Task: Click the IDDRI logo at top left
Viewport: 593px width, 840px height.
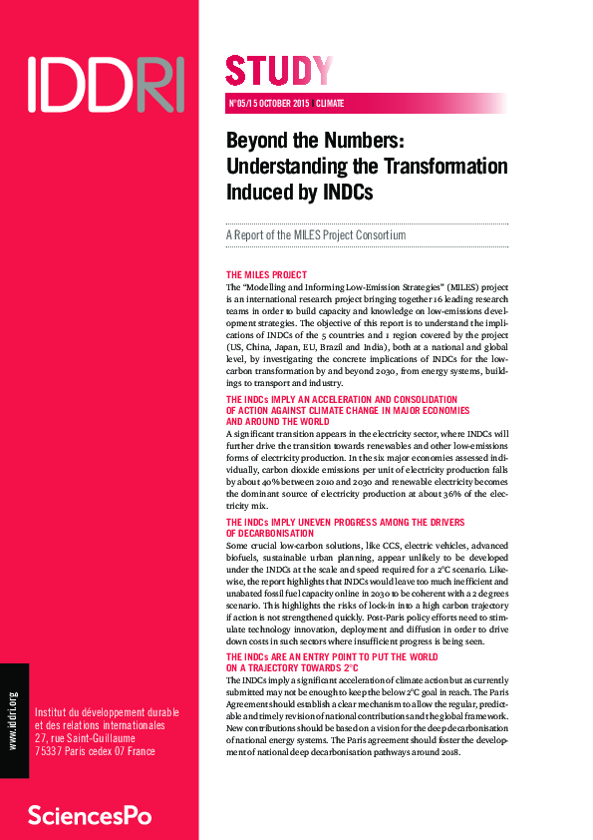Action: tap(106, 83)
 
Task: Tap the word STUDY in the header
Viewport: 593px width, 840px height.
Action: tap(279, 71)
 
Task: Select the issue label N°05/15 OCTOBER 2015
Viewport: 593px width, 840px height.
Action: tap(269, 103)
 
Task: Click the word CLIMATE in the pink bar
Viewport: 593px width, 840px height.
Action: tap(331, 103)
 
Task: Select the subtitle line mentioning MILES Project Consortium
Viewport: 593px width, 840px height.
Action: tap(316, 235)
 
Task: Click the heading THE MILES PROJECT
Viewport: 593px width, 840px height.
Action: tap(266, 274)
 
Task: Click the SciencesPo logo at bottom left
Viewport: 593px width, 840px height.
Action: tap(90, 814)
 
